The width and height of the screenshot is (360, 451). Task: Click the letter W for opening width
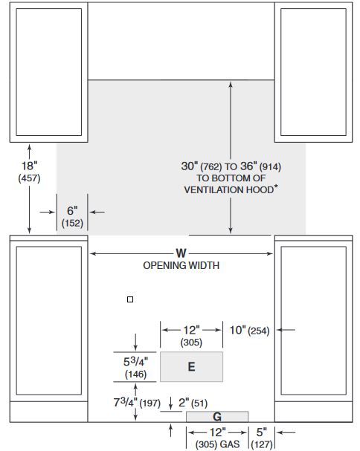click(181, 253)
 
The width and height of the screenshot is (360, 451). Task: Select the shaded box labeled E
click(191, 367)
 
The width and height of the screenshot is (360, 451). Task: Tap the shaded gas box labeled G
click(217, 417)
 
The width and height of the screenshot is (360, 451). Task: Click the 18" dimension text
click(29, 166)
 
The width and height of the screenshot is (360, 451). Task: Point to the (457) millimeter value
click(29, 178)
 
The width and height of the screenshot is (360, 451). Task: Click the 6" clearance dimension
click(72, 211)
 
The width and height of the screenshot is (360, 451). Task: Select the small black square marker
click(130, 299)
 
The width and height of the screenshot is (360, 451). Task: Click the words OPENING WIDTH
click(181, 265)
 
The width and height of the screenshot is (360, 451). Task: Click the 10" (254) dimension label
click(249, 330)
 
